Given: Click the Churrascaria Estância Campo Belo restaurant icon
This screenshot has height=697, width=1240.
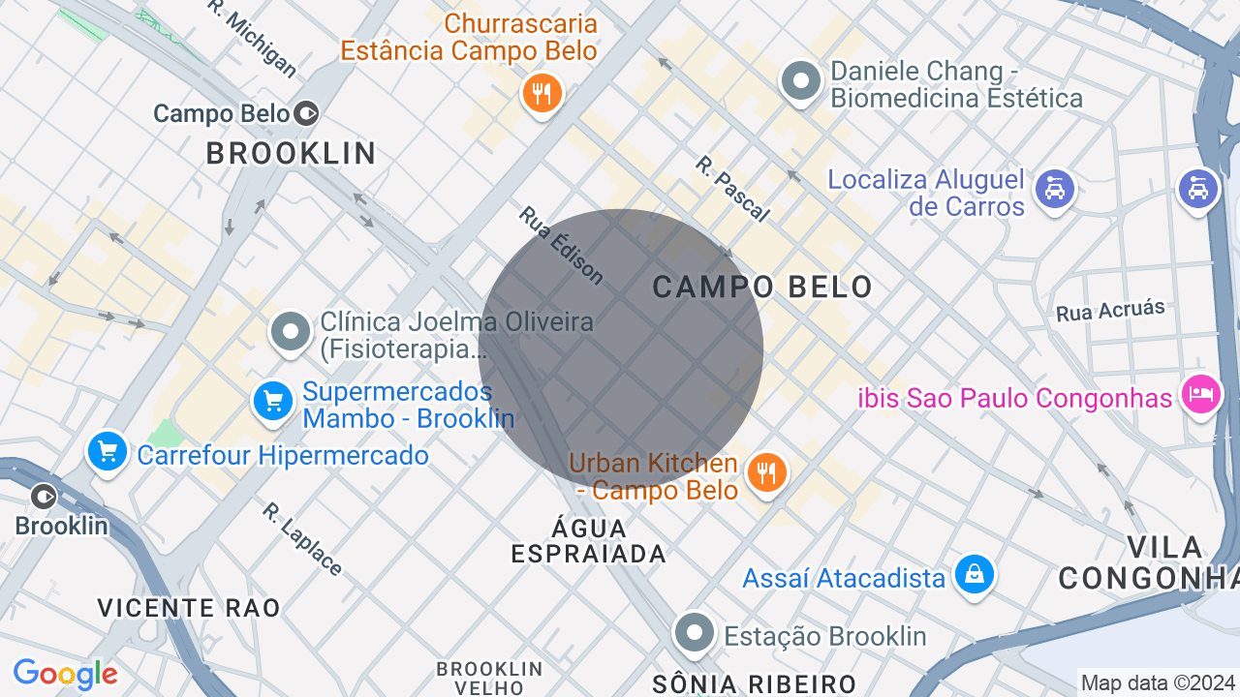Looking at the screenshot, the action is (542, 94).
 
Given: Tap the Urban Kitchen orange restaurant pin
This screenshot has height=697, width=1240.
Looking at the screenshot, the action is (767, 472).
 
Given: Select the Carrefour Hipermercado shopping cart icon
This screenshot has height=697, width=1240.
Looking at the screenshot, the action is (107, 451).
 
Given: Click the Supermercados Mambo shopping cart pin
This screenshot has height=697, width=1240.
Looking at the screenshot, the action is (273, 401).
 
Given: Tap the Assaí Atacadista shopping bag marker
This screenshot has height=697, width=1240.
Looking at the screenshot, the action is (974, 574).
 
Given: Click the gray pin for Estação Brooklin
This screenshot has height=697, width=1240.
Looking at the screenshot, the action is (695, 634).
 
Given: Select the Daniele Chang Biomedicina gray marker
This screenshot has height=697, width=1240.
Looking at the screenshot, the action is (801, 81).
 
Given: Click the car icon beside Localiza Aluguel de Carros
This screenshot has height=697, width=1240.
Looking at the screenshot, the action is (1055, 188).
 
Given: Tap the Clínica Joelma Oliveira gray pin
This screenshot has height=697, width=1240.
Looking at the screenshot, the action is (290, 331).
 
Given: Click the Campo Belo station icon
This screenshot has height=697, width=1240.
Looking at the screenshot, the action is (306, 113).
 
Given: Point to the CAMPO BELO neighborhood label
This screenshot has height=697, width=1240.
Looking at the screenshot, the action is (762, 287).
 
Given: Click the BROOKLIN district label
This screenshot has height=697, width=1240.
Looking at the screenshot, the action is (291, 153).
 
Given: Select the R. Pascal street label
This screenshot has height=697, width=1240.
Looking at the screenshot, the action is (732, 189).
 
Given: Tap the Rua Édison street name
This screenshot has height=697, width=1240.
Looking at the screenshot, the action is (561, 246).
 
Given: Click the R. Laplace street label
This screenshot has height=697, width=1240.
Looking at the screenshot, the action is (302, 538).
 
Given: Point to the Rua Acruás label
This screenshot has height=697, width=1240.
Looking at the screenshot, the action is (1110, 311).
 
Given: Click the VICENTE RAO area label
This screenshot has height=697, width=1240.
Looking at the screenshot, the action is (189, 608).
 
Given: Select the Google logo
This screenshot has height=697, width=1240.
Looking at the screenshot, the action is (65, 674).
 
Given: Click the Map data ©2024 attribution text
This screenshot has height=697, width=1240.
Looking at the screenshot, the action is (1158, 682).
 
